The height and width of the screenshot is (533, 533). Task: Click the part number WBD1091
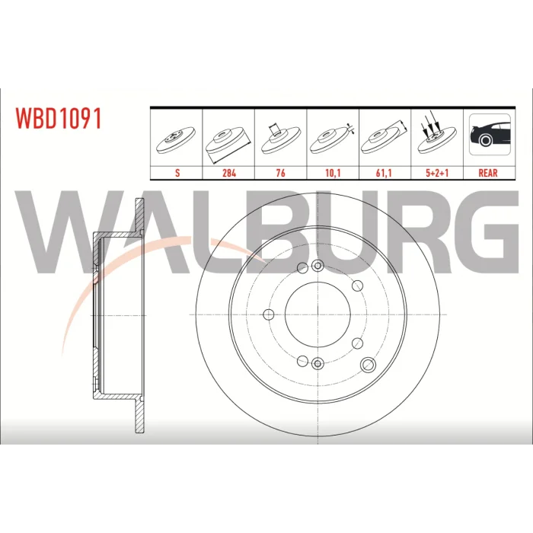58,118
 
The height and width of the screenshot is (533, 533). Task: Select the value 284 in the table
229,173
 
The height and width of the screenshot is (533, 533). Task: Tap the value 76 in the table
280,173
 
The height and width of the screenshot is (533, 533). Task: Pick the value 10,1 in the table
333,173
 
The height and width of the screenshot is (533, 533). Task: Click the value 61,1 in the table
384,173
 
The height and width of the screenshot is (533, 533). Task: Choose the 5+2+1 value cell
437,173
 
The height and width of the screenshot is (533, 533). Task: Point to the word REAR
488,173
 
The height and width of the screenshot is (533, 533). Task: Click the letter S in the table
177,173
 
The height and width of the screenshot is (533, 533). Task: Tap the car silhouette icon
490,135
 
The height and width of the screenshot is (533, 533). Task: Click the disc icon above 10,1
332,139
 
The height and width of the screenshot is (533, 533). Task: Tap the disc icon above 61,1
384,138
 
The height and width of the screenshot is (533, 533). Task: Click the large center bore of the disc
318,314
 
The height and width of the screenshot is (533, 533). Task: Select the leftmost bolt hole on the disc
269,314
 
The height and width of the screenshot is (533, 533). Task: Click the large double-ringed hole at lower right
368,365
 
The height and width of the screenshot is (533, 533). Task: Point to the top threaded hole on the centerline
318,266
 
